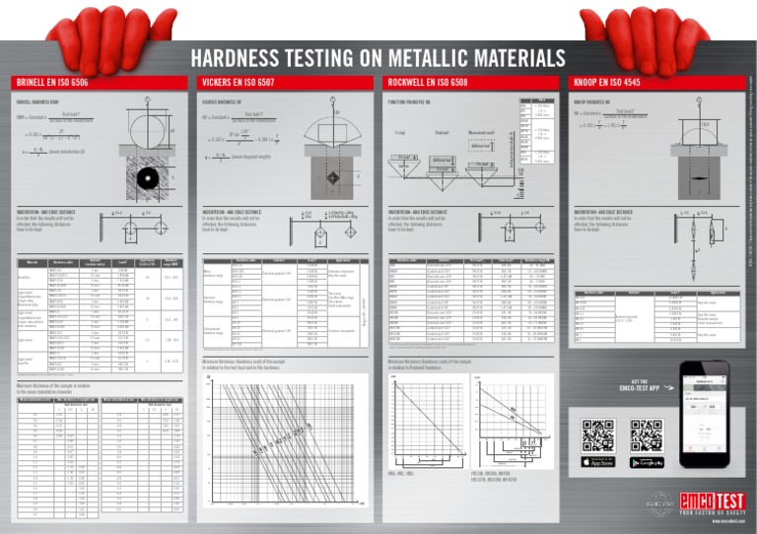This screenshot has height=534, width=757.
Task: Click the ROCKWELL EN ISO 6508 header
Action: [426, 83]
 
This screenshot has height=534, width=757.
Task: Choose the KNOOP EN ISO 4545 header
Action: [608, 83]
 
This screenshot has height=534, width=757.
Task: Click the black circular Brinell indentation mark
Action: [146, 179]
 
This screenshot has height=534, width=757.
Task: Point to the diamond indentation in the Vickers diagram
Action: [334, 177]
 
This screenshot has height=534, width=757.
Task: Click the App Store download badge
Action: [598, 462]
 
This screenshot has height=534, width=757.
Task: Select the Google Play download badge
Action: [647, 462]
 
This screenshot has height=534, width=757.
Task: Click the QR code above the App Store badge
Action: [598, 434]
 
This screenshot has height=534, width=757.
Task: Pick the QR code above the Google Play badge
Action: [647, 434]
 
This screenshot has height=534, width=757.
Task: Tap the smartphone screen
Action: [704, 415]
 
